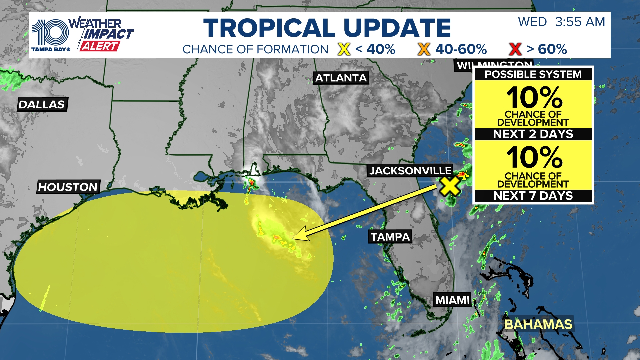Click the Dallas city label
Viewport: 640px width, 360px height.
point(42,105)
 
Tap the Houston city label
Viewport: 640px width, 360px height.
point(68,187)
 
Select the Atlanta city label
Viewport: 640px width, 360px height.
point(341,78)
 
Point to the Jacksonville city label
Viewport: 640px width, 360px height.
point(410,171)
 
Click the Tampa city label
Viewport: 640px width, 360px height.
point(390,237)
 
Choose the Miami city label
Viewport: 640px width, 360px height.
point(452,300)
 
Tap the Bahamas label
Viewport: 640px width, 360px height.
point(538,324)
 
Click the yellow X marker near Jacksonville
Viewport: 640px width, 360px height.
point(450,186)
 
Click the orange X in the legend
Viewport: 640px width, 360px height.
point(424,49)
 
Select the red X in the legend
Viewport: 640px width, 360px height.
point(515,49)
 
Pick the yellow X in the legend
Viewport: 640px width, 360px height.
point(344,49)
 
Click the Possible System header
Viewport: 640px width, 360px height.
point(533,74)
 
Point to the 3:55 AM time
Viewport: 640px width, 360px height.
point(580,22)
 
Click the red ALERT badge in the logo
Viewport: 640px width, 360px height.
point(100,46)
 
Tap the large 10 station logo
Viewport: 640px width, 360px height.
point(50,33)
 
